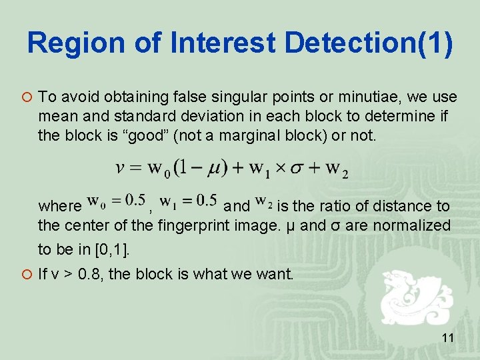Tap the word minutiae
point(353,97)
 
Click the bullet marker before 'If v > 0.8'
point(25,273)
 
